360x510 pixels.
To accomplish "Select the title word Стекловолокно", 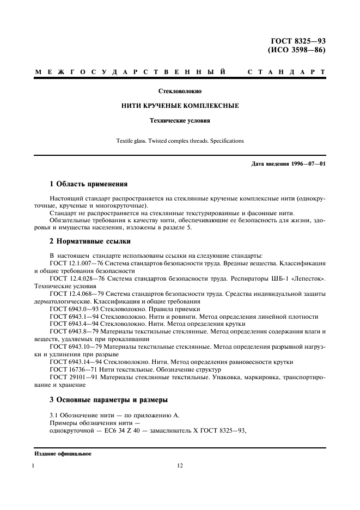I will tap(180, 92).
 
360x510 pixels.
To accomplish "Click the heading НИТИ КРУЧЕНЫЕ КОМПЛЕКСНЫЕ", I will tap(180, 106).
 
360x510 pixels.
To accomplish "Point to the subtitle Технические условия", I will tap(180, 120).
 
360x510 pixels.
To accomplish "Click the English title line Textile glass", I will tap(180, 141).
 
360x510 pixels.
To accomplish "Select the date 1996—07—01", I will tap(308, 163).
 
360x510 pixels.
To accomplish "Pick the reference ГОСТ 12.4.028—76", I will tap(74, 278).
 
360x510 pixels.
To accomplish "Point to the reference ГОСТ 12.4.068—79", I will tap(74, 294).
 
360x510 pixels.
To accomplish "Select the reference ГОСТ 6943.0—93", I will tap(70, 309).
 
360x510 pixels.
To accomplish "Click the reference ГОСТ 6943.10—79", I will tap(72, 347).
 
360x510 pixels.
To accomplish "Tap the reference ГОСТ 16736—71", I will tap(70, 369).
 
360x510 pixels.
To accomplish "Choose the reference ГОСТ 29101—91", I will tap(70, 377).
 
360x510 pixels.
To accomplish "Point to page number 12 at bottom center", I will tap(180, 466).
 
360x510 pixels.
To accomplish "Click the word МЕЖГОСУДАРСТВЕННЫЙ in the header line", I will tap(131, 72).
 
